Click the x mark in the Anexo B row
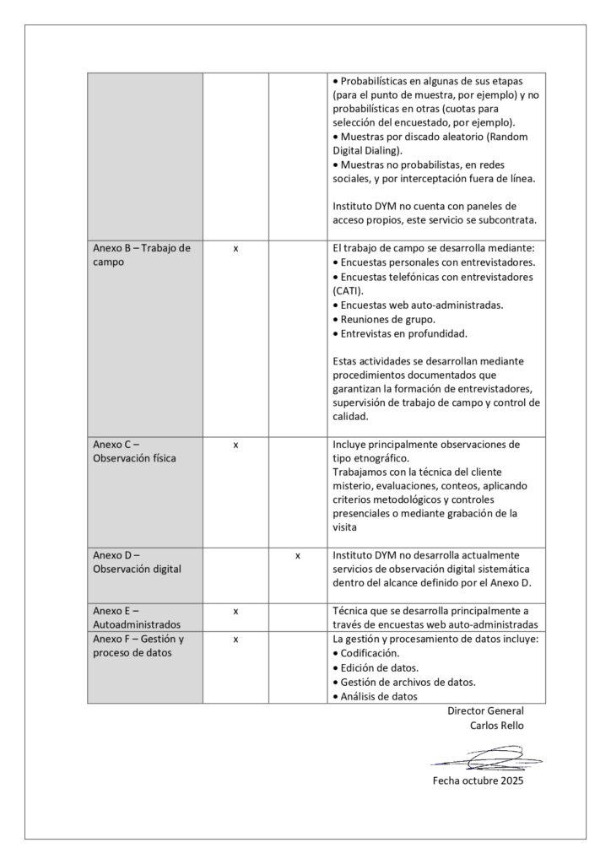pyautogui.click(x=235, y=250)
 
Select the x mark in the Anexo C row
pyautogui.click(x=235, y=445)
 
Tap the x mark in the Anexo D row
pyautogui.click(x=298, y=556)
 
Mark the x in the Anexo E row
pyautogui.click(x=235, y=611)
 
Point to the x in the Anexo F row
pyautogui.click(x=235, y=640)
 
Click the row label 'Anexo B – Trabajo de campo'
pyautogui.click(x=142, y=256)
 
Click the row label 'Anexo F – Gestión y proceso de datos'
pyautogui.click(x=138, y=646)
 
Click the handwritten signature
pyautogui.click(x=483, y=758)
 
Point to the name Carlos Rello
pyautogui.click(x=497, y=726)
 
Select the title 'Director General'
pyautogui.click(x=485, y=711)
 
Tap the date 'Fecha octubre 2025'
pyautogui.click(x=478, y=782)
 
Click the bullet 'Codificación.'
pyautogui.click(x=370, y=654)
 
